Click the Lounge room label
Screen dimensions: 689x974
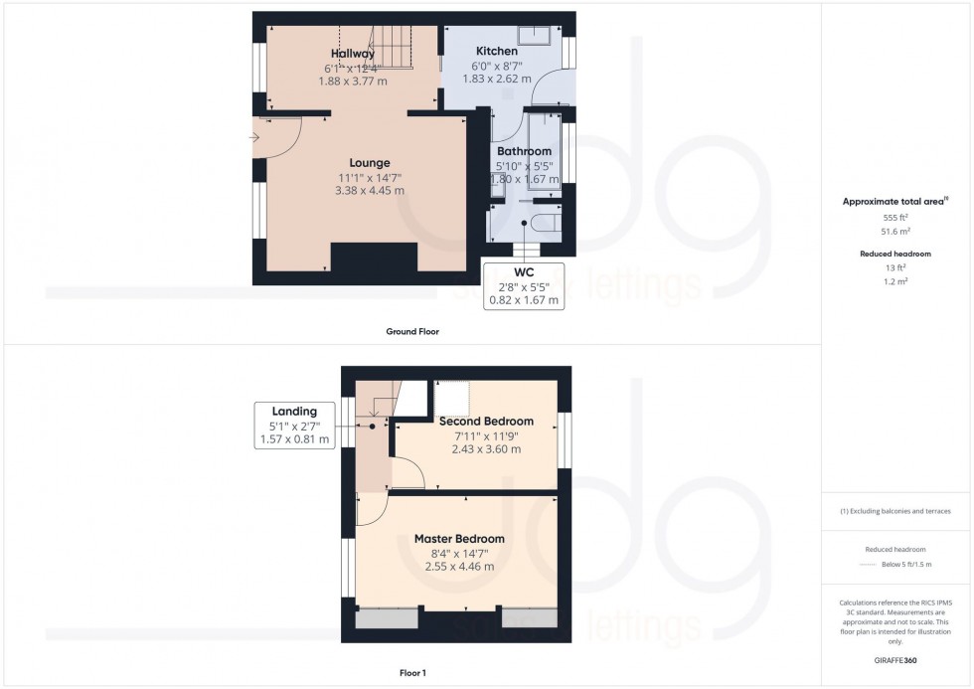(369, 163)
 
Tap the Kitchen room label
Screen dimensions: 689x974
(496, 51)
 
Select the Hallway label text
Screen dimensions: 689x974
(353, 54)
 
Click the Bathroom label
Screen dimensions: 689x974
(524, 152)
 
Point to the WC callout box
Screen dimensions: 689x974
(523, 285)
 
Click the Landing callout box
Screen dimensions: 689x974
(294, 425)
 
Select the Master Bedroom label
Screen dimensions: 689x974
(459, 539)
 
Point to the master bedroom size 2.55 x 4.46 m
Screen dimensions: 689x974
(459, 567)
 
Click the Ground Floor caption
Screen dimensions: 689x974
(412, 331)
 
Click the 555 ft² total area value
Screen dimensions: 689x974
(895, 216)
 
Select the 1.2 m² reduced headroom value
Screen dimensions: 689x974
(895, 281)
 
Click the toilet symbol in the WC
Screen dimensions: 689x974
(545, 222)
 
